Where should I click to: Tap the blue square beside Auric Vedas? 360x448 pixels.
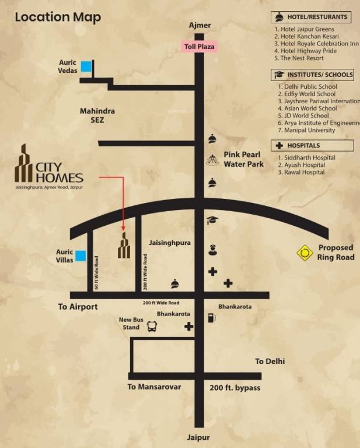(x=86, y=66)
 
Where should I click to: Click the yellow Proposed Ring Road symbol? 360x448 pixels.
(x=305, y=253)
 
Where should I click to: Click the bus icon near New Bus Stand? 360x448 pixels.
(x=152, y=327)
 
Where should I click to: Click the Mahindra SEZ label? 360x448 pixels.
(x=97, y=116)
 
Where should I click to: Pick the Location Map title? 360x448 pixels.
(x=58, y=17)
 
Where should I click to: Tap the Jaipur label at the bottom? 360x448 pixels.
(x=198, y=437)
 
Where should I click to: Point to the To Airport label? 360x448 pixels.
(x=78, y=307)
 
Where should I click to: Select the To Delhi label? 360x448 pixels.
(x=270, y=362)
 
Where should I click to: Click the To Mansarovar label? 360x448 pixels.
(x=155, y=387)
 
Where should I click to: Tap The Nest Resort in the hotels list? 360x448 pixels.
(x=302, y=58)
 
